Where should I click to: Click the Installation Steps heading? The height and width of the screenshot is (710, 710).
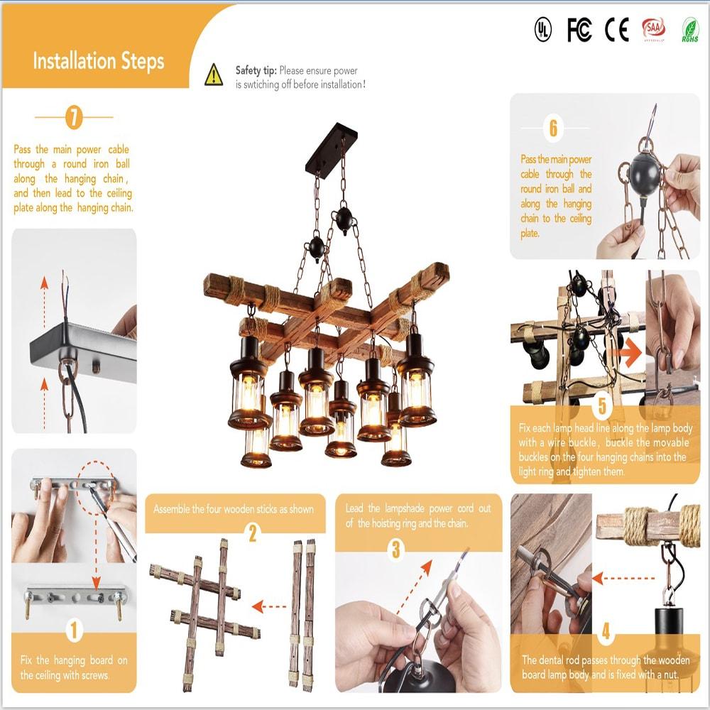pos(98,61)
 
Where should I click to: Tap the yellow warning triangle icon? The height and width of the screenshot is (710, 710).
pos(214,75)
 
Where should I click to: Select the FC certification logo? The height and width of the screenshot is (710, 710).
pos(579,30)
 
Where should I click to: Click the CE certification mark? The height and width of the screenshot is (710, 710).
pos(616,30)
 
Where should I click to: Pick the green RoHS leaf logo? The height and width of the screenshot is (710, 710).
pos(689,30)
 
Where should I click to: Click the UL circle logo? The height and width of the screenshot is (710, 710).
pos(542,30)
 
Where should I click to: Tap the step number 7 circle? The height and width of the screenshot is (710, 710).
pos(74,117)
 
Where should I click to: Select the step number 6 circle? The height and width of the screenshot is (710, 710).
pos(553,129)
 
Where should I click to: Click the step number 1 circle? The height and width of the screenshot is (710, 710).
pos(74,628)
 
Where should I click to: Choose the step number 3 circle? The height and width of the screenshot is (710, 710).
pos(395,549)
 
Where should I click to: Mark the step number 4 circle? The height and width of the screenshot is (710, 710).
pos(605,630)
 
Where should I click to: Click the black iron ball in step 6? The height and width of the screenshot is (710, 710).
pos(645,168)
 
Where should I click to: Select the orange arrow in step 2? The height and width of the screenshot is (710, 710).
pos(268,606)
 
